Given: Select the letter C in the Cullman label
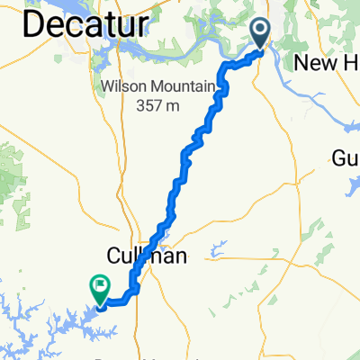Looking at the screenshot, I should (117, 256).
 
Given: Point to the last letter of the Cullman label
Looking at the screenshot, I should (179, 256).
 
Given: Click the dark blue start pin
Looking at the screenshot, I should (261, 31).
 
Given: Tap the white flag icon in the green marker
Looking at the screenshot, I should (98, 287).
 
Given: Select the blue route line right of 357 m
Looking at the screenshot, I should (214, 109).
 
